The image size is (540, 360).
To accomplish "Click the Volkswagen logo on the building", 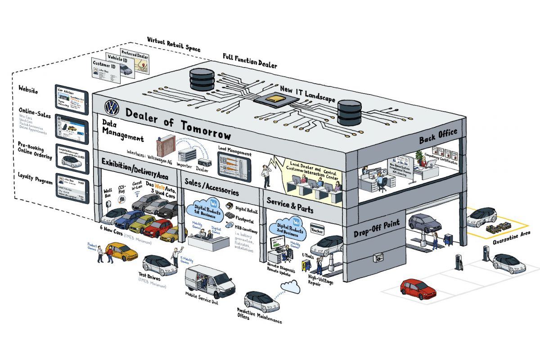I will coord(111,107).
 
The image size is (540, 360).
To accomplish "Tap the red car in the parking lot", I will coord(418,289).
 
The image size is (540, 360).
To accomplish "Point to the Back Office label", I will coord(438,136).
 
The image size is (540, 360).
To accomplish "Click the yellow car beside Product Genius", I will coord(122,251).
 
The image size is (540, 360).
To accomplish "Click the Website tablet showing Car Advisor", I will coord(70,98).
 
